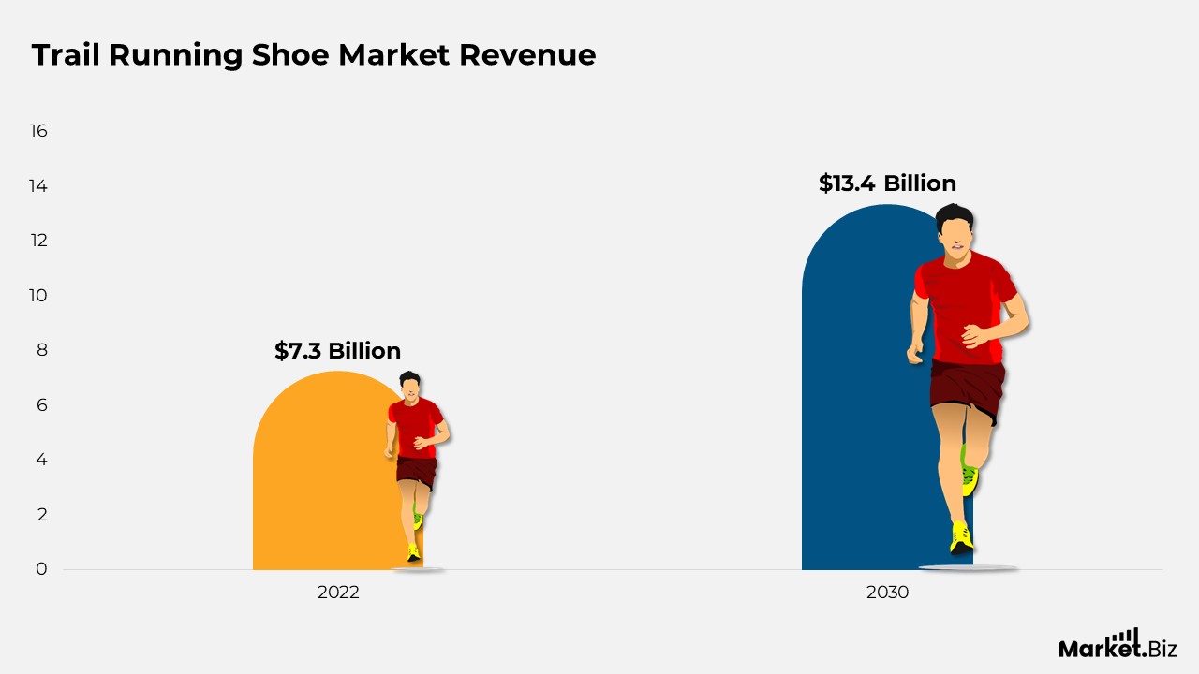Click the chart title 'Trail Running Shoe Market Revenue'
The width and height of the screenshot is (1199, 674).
point(314,55)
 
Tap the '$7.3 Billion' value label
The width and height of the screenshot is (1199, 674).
point(337,351)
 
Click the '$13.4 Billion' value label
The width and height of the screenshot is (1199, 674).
point(887,183)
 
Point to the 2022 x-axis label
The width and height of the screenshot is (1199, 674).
point(338,593)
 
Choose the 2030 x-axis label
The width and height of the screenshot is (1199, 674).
point(887,593)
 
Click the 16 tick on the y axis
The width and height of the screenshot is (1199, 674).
point(38,131)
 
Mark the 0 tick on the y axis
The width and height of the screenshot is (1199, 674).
point(41,568)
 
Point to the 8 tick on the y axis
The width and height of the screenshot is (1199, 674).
point(41,350)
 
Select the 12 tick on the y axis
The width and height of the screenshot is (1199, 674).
point(38,241)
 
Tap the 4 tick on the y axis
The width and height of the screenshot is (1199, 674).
point(41,460)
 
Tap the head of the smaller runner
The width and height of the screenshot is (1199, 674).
point(409,385)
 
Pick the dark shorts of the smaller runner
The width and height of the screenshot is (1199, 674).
point(416,470)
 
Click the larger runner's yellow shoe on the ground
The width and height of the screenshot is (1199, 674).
point(960,538)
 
